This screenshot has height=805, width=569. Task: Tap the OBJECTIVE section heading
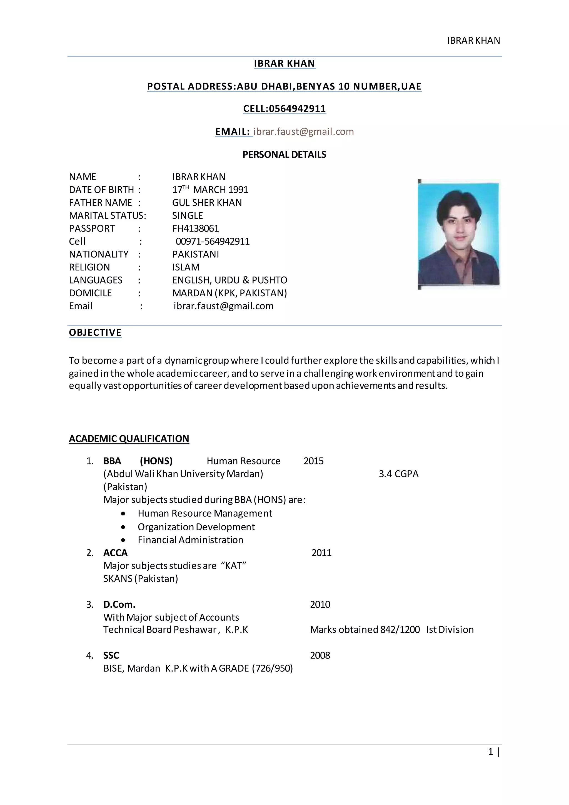point(95,332)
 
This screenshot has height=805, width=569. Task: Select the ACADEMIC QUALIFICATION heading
point(129,439)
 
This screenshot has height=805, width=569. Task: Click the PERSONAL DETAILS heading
point(284,155)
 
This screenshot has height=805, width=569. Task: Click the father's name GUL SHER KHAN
point(207,203)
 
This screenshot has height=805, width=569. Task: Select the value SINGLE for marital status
point(188,216)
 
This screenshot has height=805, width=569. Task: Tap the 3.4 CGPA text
point(398,474)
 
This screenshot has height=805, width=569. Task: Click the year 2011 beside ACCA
point(321,553)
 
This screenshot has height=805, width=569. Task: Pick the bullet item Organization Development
point(196,527)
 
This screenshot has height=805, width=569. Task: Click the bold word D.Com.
point(119,605)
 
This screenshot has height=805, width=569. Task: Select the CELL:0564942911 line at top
point(284,109)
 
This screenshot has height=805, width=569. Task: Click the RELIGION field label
point(89,267)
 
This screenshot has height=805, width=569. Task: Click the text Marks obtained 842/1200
point(365,630)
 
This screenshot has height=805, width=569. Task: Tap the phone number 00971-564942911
point(212,242)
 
